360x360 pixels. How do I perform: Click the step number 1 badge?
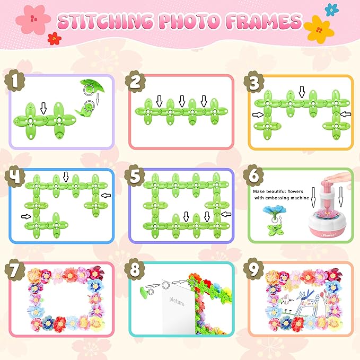15,81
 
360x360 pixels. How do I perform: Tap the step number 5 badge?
135,175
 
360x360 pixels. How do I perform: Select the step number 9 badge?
253,269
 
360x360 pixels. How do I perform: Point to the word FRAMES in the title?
264,21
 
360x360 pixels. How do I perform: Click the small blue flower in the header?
331,10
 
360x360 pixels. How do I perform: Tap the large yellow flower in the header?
319,29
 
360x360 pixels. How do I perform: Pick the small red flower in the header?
55,38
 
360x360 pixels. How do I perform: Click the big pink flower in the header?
33,19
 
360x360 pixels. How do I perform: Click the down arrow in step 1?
43,108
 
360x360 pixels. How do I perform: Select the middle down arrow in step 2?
182,101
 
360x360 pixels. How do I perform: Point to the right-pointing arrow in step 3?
258,115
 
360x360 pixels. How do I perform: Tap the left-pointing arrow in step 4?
106,196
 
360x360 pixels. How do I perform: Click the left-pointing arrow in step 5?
226,214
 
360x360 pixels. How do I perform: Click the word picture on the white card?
177,301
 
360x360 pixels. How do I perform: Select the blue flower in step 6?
275,213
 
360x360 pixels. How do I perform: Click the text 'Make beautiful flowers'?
278,191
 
